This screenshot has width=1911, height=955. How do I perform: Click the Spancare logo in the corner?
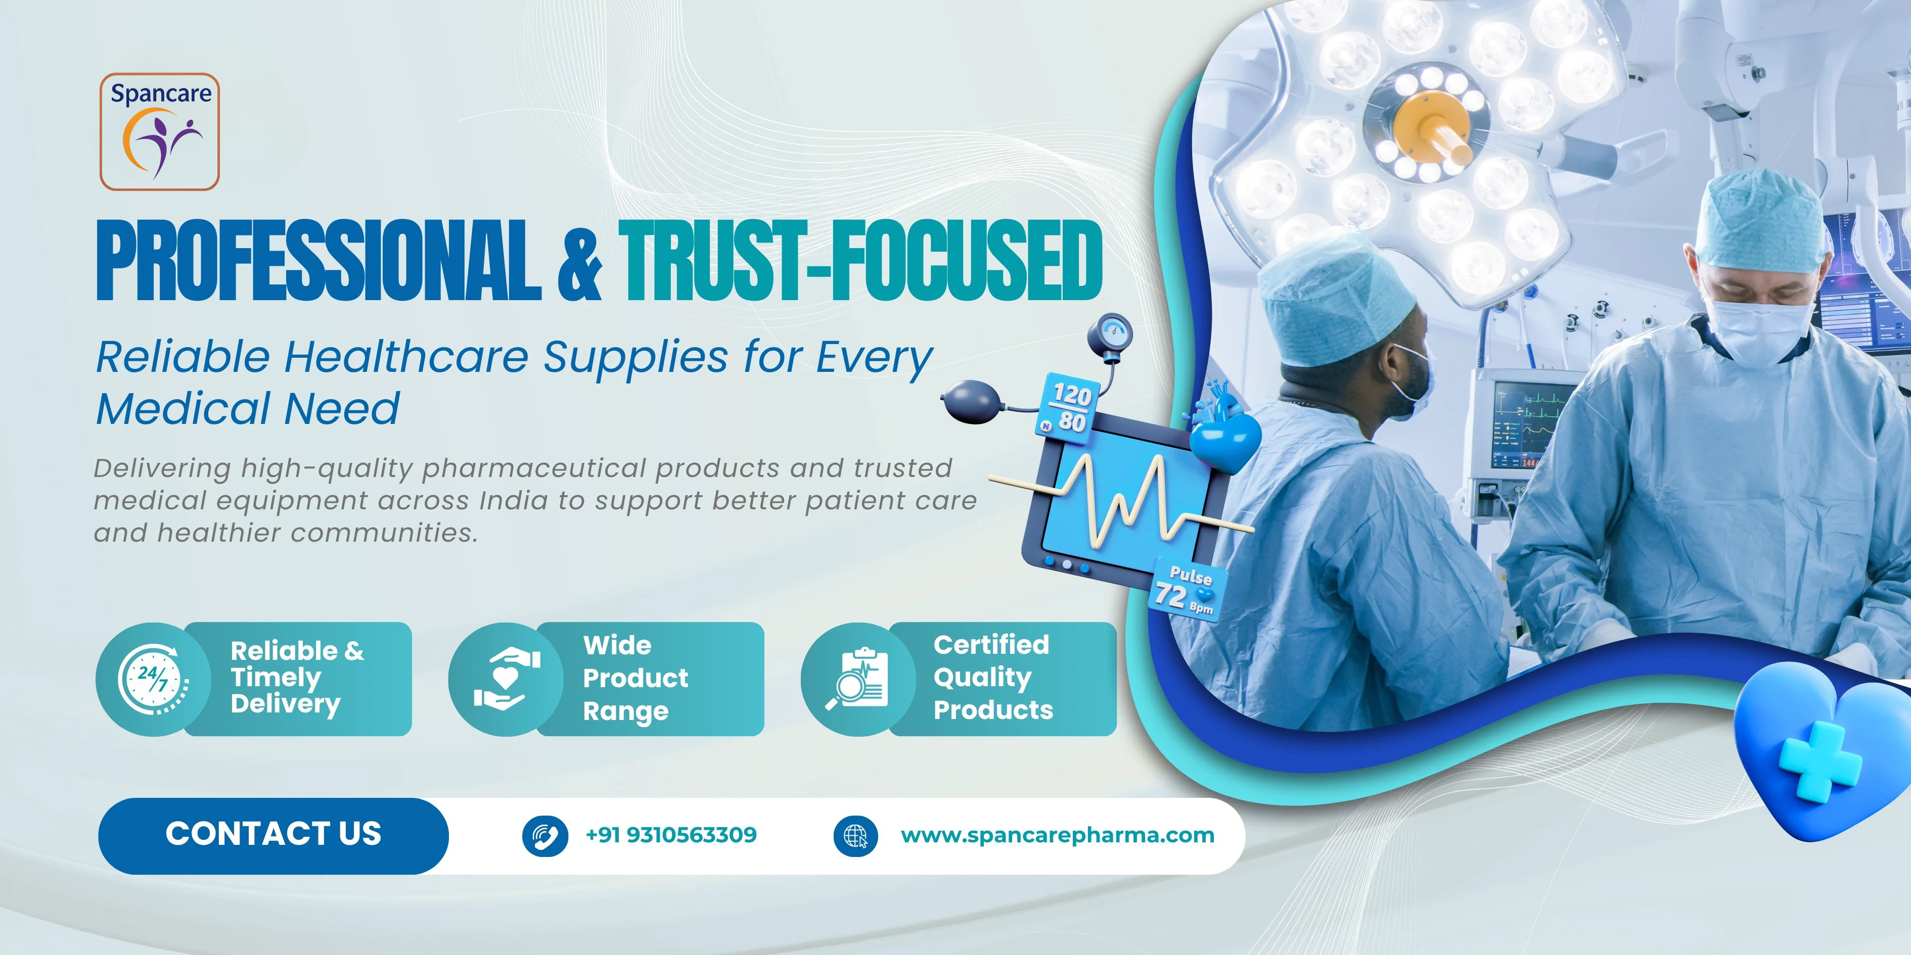[x=159, y=131]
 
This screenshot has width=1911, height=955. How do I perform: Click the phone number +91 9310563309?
[x=671, y=835]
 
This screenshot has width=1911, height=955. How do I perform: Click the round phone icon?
[x=545, y=836]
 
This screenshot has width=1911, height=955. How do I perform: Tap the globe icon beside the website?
[x=856, y=836]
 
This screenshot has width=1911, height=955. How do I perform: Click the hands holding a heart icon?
[x=507, y=678]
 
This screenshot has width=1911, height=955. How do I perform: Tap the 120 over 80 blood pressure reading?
[x=1068, y=408]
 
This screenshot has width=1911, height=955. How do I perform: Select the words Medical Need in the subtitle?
[x=249, y=409]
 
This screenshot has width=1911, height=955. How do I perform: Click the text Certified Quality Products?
[x=992, y=678]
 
